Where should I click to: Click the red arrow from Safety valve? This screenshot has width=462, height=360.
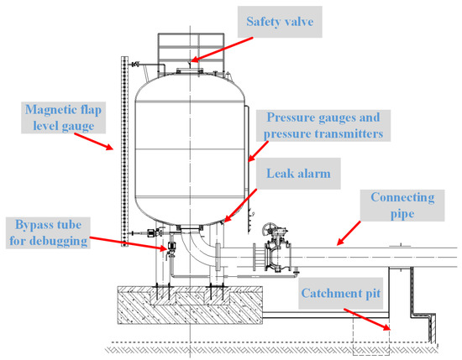click(x=221, y=47)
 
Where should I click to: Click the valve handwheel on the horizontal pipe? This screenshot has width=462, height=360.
click(x=271, y=228)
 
